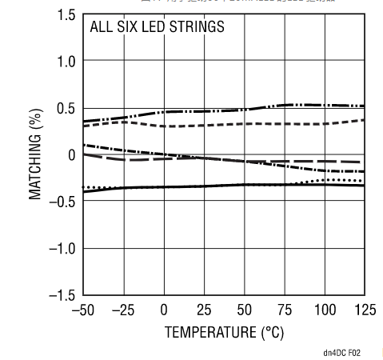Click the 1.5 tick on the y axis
67,16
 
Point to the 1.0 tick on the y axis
67,62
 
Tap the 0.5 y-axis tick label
67,109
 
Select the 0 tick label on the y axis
72,155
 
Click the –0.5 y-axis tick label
63,202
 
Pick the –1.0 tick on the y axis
63,249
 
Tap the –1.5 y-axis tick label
63,295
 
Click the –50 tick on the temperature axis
83,310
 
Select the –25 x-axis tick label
123,310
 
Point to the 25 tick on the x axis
204,310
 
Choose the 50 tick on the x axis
244,310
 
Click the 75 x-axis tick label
284,310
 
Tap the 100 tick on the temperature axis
324,310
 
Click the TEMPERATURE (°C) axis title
224,330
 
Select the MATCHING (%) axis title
36,155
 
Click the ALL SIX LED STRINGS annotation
157,27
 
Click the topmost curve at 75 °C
284,105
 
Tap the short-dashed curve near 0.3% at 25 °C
204,125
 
